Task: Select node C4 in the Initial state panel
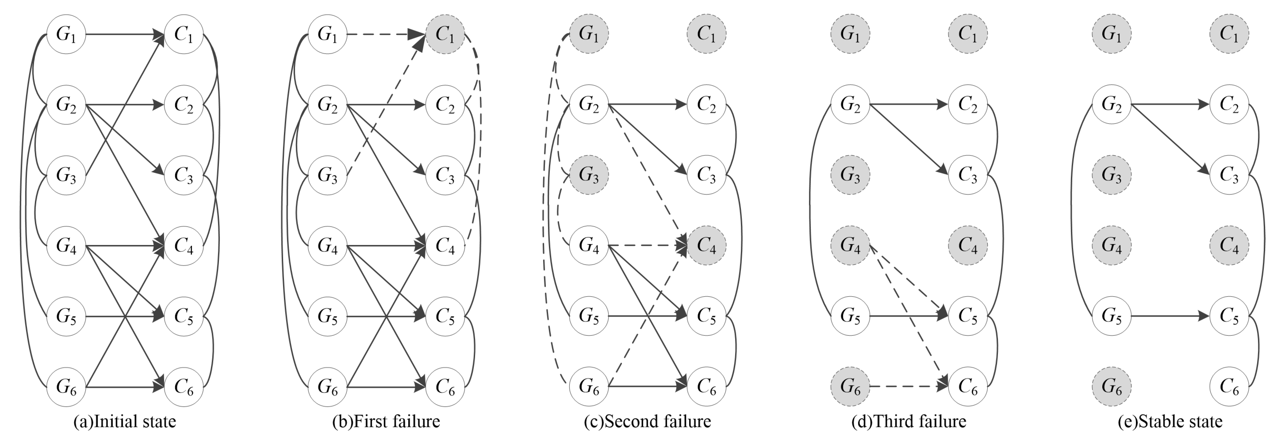pyautogui.click(x=184, y=245)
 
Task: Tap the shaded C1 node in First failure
pyautogui.click(x=445, y=34)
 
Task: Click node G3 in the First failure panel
pyautogui.click(x=327, y=175)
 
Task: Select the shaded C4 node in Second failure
pyautogui.click(x=706, y=245)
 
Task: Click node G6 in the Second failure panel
pyautogui.click(x=589, y=386)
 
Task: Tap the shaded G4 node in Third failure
pyautogui.click(x=850, y=245)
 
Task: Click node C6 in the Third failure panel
pyautogui.click(x=967, y=386)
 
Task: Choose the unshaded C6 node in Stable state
pyautogui.click(x=1229, y=386)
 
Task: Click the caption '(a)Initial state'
pyautogui.click(x=124, y=422)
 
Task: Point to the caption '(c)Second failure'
pyautogui.click(x=647, y=422)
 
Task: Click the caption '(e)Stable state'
pyautogui.click(x=1170, y=422)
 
